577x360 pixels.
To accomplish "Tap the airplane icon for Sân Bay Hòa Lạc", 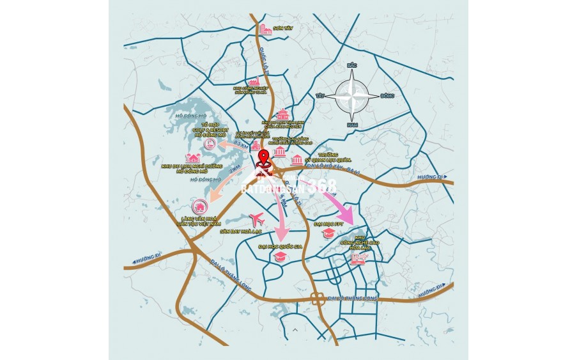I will (257, 219).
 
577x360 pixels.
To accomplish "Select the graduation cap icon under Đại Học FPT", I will (328, 233).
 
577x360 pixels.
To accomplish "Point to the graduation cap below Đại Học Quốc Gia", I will (279, 256).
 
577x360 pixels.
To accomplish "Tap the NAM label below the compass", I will (351, 124).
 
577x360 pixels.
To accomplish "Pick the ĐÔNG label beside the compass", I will (387, 95).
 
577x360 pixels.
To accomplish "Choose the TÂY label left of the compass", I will (320, 95).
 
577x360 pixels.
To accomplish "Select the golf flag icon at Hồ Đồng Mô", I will (210, 145).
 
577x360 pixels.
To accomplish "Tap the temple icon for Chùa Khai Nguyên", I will (283, 114).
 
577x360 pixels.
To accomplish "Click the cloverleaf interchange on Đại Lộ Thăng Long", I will (317, 297).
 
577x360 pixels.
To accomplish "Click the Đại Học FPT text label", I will (329, 224).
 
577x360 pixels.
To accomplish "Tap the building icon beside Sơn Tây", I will (265, 29).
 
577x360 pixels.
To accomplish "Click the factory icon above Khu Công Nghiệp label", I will (256, 82).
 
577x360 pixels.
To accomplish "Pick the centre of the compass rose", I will (352, 95).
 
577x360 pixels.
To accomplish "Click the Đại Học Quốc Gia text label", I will (279, 246).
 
